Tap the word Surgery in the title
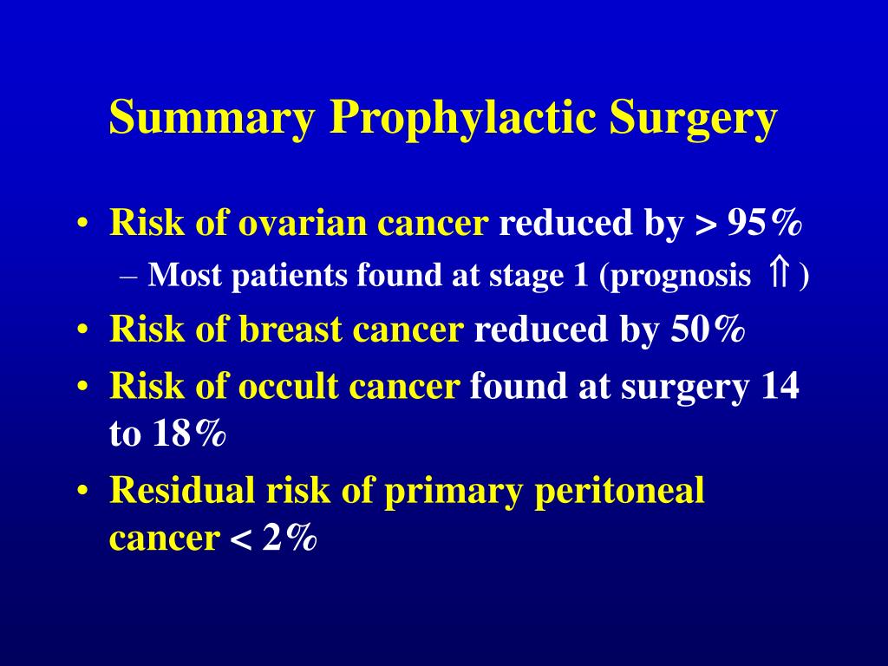tap(693, 119)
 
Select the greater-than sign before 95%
tap(703, 225)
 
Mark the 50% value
tap(708, 330)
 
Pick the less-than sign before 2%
tap(240, 540)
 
